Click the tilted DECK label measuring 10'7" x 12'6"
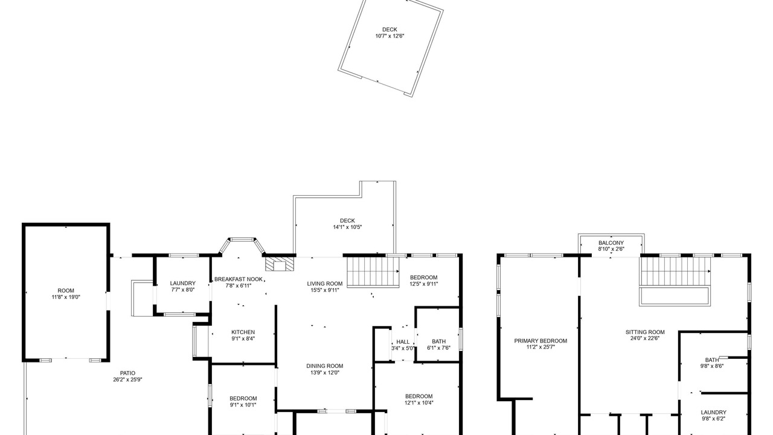(390, 30)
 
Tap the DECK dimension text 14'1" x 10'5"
(347, 227)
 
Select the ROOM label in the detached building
(66, 291)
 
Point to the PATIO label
(127, 373)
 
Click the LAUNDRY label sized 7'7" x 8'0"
(182, 283)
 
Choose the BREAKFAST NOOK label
(239, 279)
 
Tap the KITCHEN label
(243, 332)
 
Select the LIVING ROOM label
(325, 284)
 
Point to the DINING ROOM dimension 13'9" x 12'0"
(324, 373)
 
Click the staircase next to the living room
(373, 272)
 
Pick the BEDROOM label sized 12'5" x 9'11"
(423, 277)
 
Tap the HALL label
(403, 342)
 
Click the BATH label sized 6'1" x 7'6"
(438, 341)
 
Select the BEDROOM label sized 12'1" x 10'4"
(419, 396)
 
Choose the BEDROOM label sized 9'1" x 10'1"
(243, 398)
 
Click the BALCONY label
(611, 243)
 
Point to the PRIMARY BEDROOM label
(540, 341)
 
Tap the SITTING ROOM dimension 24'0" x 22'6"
(645, 338)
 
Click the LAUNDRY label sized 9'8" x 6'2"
(713, 413)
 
